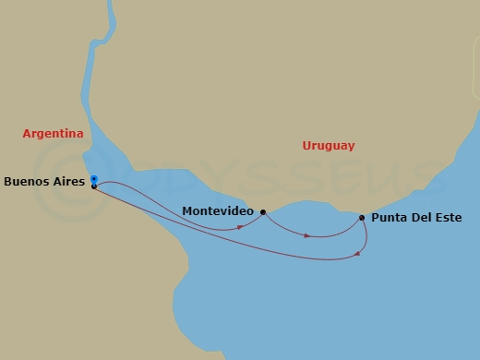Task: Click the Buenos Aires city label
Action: point(43,182)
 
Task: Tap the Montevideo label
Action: point(218,211)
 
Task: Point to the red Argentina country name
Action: point(53,134)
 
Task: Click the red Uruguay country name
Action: point(329,146)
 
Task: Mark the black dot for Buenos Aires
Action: point(94,186)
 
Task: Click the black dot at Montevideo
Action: point(263,212)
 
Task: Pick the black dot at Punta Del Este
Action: point(362,218)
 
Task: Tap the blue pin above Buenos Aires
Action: point(94,178)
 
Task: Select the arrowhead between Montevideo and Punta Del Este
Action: point(307,234)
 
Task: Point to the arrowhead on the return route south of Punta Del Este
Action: point(357,255)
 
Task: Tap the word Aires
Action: point(67,182)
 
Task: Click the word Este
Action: point(448,219)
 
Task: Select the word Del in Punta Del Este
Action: point(420,219)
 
